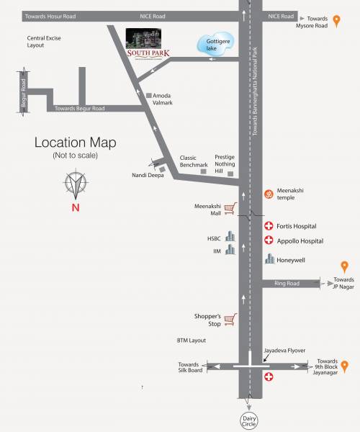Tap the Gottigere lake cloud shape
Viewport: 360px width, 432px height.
point(215,45)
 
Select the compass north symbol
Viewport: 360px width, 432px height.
point(75,186)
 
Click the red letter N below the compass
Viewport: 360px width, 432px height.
point(75,209)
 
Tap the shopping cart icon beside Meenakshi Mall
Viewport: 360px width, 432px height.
point(230,209)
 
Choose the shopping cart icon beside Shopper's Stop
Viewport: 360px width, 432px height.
point(230,319)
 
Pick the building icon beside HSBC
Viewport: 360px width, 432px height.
point(230,236)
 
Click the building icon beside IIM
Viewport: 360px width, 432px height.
point(230,250)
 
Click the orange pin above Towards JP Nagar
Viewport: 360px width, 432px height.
point(344,267)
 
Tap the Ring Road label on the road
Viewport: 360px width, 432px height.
point(287,284)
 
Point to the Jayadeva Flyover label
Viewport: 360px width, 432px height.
point(285,350)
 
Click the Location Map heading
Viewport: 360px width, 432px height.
point(75,143)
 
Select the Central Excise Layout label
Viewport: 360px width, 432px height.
point(45,41)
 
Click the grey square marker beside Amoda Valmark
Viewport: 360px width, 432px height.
point(148,96)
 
